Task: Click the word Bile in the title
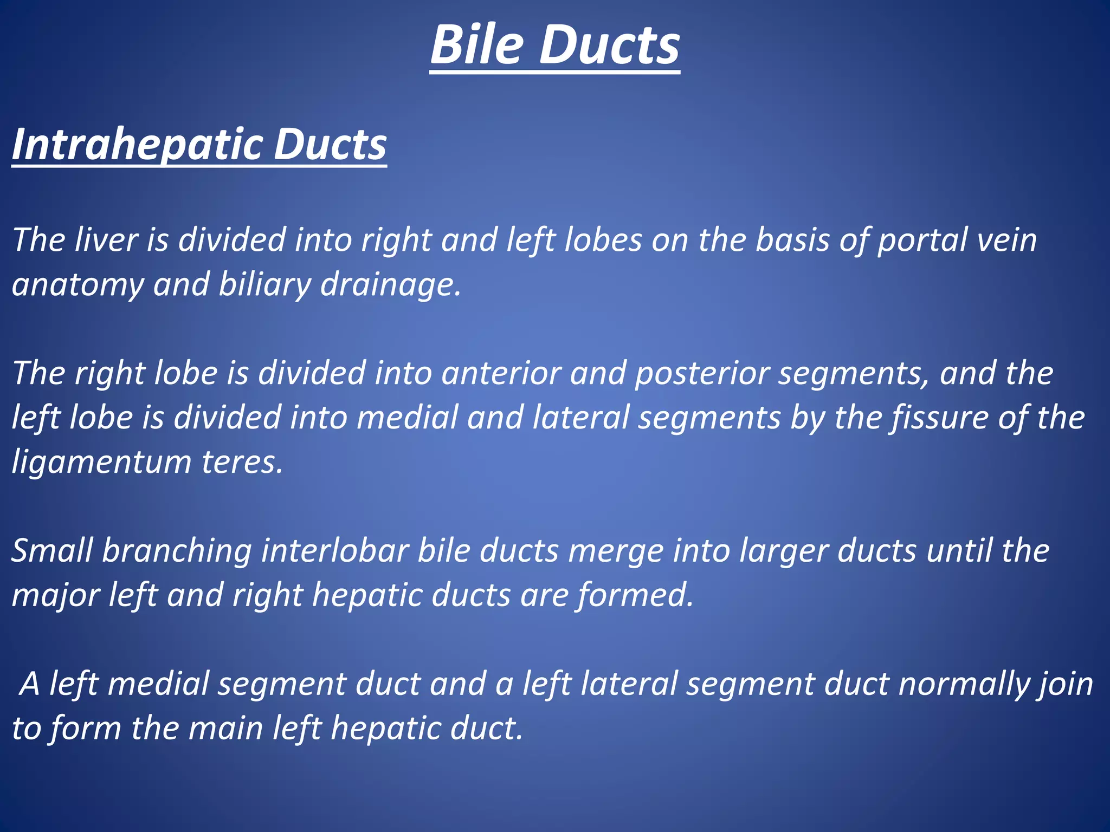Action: [x=477, y=46]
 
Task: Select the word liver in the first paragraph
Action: [x=106, y=240]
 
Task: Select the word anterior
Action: [x=501, y=374]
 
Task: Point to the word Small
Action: [x=52, y=551]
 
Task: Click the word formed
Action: [x=634, y=595]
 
